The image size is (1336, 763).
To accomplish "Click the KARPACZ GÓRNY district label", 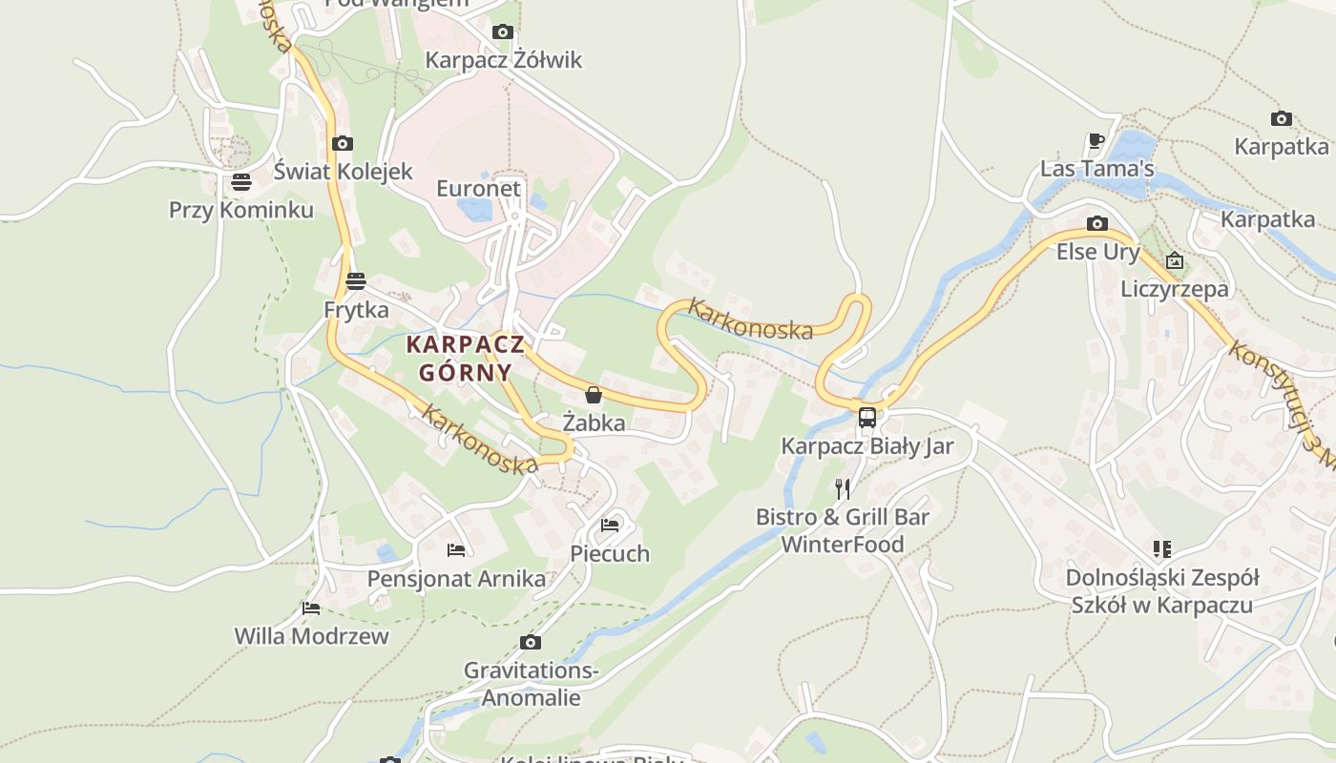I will tap(466, 358).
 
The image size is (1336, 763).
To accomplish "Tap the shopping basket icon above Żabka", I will tap(594, 395).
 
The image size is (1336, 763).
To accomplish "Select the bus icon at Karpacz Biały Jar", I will tap(866, 418).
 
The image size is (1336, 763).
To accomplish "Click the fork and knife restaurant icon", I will tap(843, 489).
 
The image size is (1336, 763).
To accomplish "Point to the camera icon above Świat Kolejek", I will tap(342, 144).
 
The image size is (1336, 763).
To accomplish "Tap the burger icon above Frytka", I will tap(356, 281).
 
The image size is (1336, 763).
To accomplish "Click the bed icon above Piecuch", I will tap(610, 525).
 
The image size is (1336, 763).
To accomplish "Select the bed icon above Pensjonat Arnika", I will tap(456, 550).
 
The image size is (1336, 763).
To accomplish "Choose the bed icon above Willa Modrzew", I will tap(311, 608).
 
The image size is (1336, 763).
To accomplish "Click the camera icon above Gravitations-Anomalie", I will tap(531, 643).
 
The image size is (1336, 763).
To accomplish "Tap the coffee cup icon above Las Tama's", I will tap(1096, 141).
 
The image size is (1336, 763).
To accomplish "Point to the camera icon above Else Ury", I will tap(1097, 224).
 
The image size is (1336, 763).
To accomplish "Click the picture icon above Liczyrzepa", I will tap(1175, 260).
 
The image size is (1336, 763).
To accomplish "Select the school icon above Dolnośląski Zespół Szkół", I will tap(1161, 549).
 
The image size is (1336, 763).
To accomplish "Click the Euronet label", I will tap(479, 188).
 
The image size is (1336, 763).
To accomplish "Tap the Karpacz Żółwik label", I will tap(503, 60).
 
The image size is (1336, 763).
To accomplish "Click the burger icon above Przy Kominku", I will tap(240, 182).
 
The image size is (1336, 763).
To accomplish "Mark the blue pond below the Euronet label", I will tap(475, 210).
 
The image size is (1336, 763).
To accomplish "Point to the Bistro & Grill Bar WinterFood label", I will tap(843, 530).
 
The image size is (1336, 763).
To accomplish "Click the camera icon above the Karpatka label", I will tap(1281, 119).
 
